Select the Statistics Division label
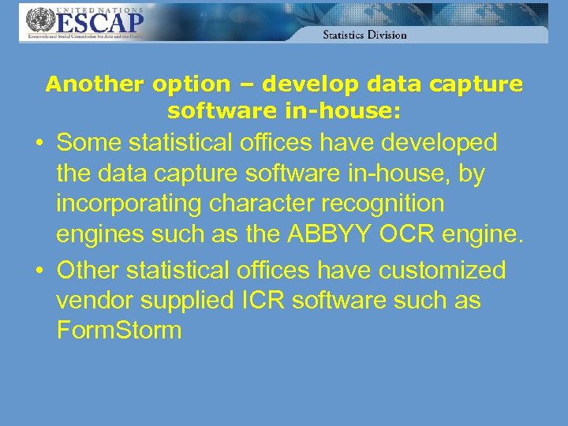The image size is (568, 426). pyautogui.click(x=364, y=35)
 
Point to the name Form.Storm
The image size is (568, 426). pyautogui.click(x=119, y=331)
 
